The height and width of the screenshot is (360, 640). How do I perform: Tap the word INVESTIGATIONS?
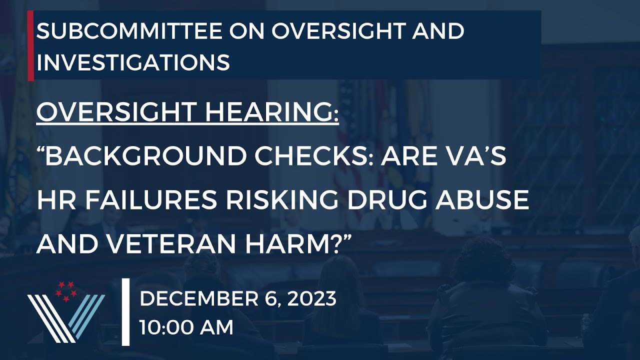(133, 63)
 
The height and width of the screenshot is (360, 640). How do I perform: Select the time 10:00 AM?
(186, 328)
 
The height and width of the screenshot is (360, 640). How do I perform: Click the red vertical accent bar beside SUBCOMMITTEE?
(31, 45)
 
